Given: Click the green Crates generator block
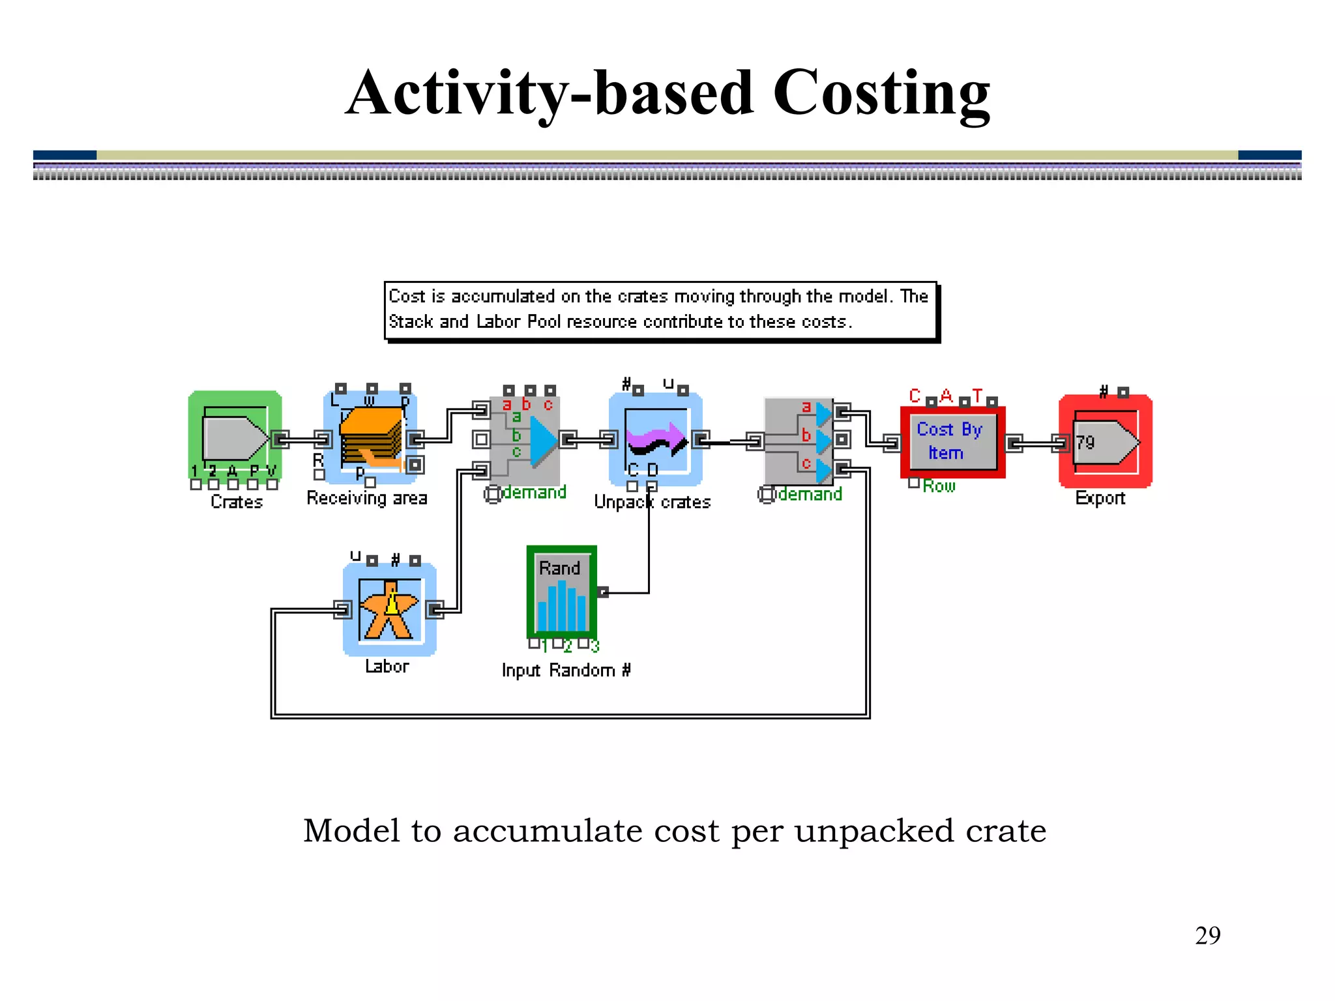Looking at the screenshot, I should [x=235, y=437].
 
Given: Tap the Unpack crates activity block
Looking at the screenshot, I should [x=655, y=439].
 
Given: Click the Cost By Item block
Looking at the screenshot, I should [x=952, y=442].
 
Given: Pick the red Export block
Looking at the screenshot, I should [x=1105, y=442].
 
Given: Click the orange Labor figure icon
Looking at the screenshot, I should [x=389, y=610].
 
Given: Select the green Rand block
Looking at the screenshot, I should [x=561, y=592].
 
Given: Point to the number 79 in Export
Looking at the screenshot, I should [x=1085, y=443].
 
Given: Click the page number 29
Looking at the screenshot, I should [x=1207, y=935].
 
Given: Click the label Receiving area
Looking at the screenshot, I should [x=367, y=499].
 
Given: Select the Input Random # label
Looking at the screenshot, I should [x=566, y=670].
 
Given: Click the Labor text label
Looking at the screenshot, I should [x=387, y=666].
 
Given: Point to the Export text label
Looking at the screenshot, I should [x=1100, y=499].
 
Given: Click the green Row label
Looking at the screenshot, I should [x=939, y=486].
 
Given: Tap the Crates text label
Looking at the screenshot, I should [x=237, y=502].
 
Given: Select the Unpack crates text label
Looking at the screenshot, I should [x=652, y=502].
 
